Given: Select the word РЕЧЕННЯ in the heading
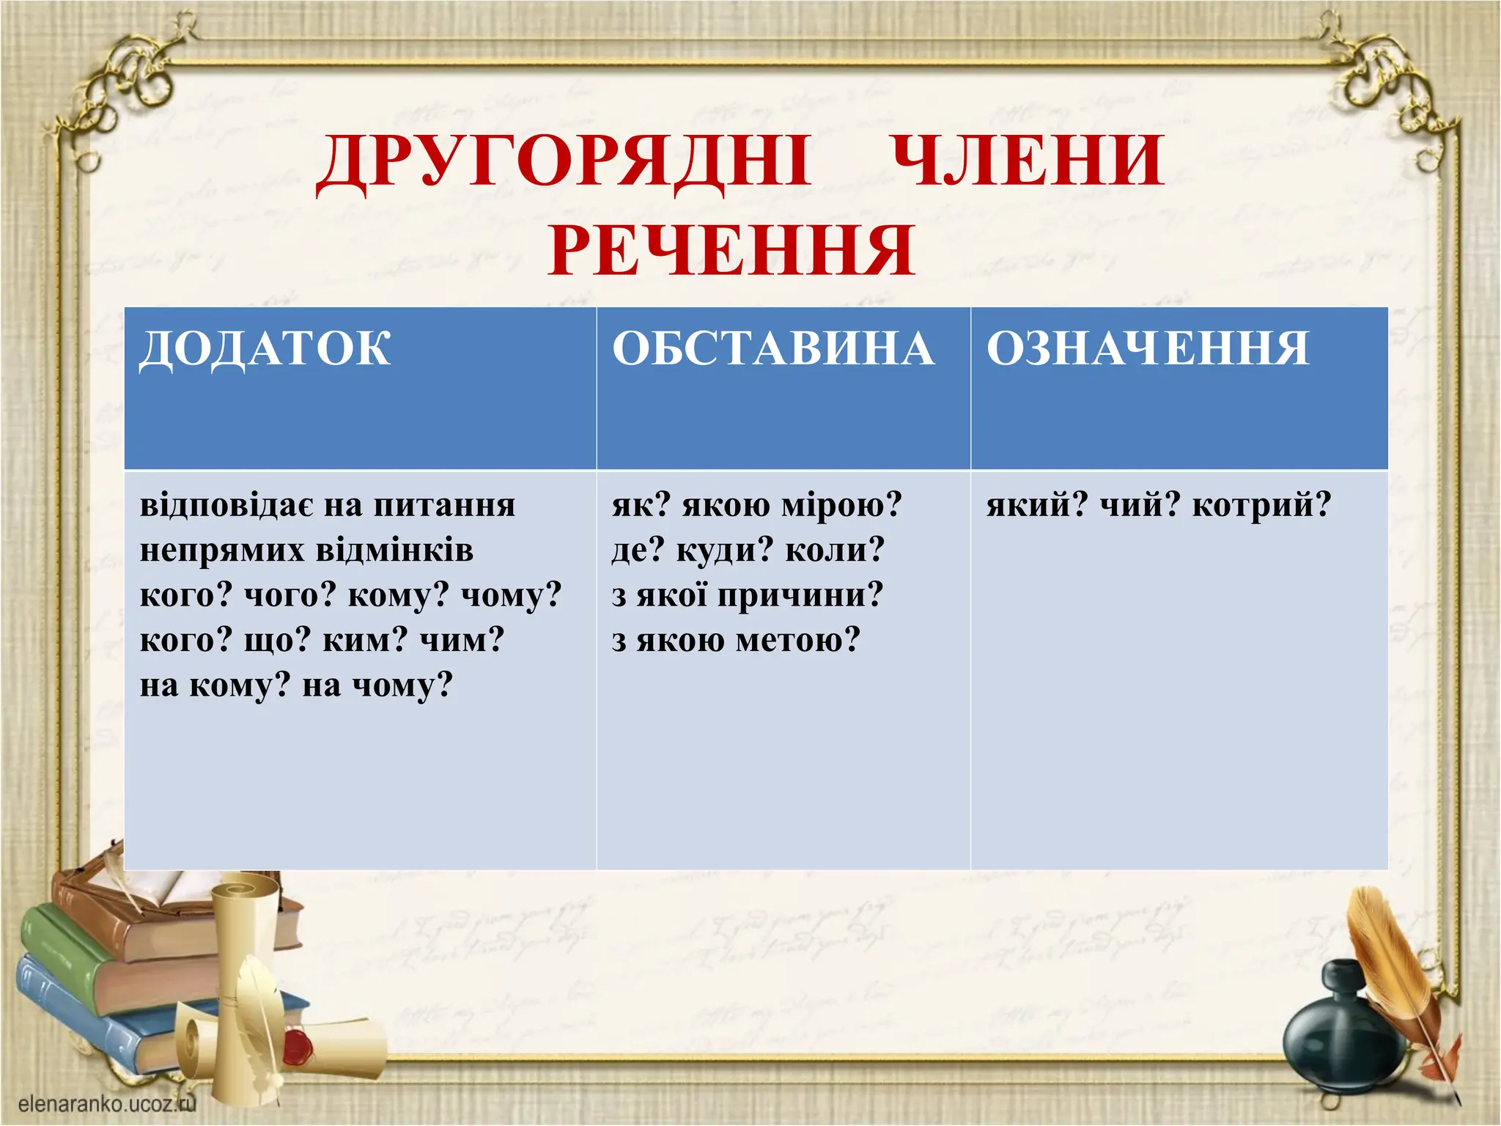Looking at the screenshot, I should click(x=731, y=251).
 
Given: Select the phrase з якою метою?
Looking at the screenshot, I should click(x=735, y=641).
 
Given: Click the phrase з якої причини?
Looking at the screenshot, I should click(x=748, y=595).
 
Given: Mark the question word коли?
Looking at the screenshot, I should click(x=835, y=550).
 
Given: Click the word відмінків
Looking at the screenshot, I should click(x=394, y=550).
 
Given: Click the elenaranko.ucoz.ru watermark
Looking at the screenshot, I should click(x=107, y=1104).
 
